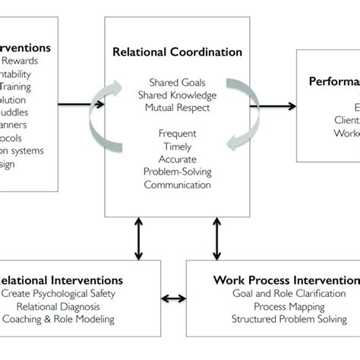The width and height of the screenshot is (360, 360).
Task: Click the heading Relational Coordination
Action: point(177,53)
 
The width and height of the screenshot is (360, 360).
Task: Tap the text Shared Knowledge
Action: point(178,96)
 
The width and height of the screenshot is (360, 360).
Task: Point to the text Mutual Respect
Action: point(178,108)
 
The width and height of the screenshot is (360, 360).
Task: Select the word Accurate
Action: point(178,160)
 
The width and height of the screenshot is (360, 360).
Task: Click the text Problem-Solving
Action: point(178,172)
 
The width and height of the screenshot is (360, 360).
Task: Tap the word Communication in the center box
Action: point(178,185)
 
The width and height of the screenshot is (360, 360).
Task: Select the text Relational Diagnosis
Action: point(59,306)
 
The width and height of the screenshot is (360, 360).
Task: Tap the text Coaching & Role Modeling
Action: point(59,319)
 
